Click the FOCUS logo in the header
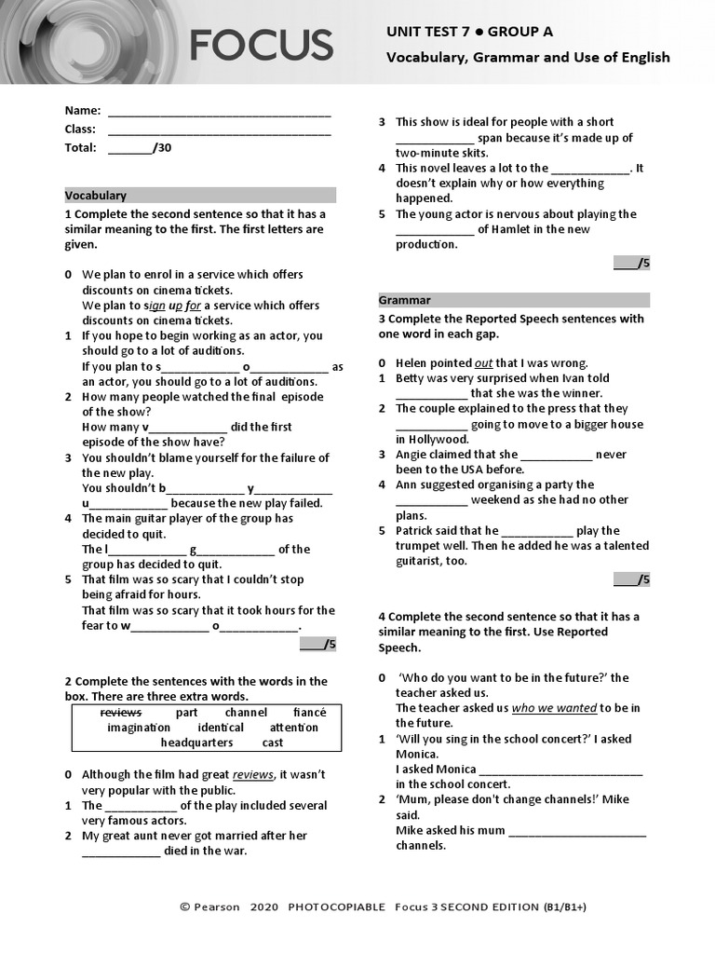pyautogui.click(x=261, y=45)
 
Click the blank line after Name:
pyautogui.click(x=219, y=112)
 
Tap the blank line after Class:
pyautogui.click(x=219, y=130)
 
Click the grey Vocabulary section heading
pyautogui.click(x=199, y=196)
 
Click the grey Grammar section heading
pyautogui.click(x=514, y=300)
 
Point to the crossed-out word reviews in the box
pyautogui.click(x=121, y=713)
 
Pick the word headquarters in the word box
pyautogui.click(x=196, y=743)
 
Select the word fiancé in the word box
pyautogui.click(x=309, y=713)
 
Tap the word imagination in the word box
pyautogui.click(x=139, y=728)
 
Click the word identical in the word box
pyautogui.click(x=221, y=728)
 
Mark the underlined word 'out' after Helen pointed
pyautogui.click(x=483, y=363)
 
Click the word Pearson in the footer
pyautogui.click(x=217, y=907)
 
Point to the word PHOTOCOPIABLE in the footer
pyautogui.click(x=336, y=907)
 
